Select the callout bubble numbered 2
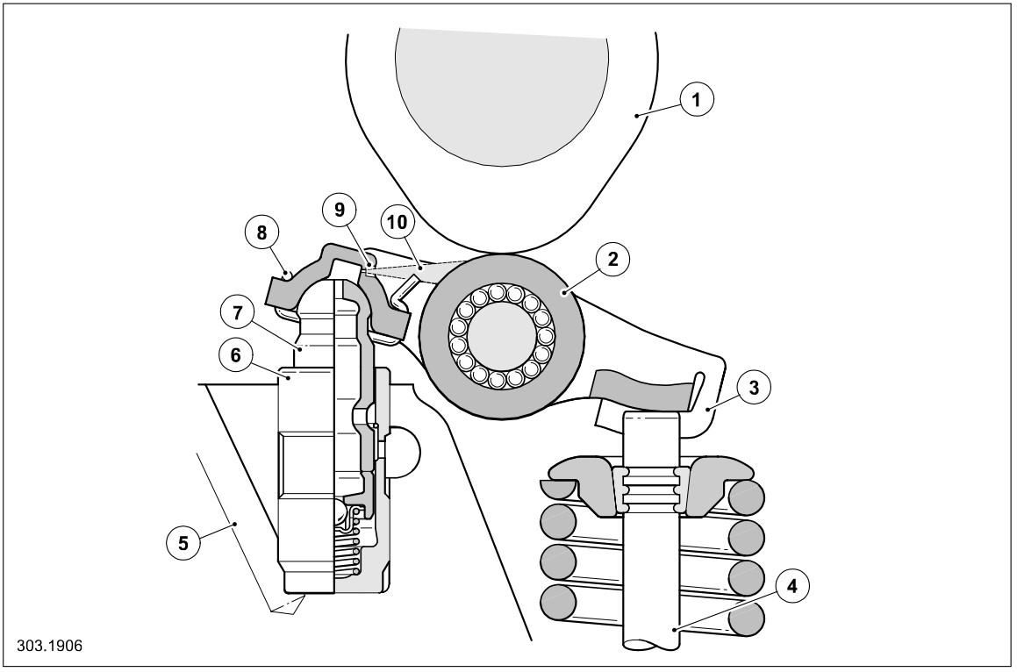[612, 259]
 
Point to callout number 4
[792, 587]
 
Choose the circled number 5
[183, 543]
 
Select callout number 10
[397, 222]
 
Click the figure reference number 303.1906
[50, 647]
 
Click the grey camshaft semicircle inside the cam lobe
[502, 88]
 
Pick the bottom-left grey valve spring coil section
[558, 603]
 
